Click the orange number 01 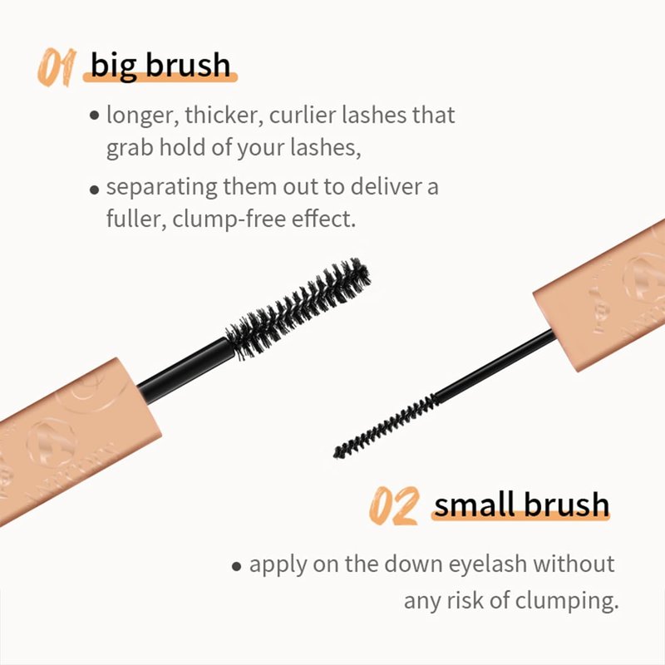tap(57, 67)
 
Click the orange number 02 tap(394, 505)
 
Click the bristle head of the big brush tap(298, 308)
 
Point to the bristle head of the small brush tap(386, 426)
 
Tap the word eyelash tap(488, 565)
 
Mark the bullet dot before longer tap(95, 116)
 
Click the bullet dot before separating tap(95, 190)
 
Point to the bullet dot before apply tap(237, 566)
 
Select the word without tap(574, 564)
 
